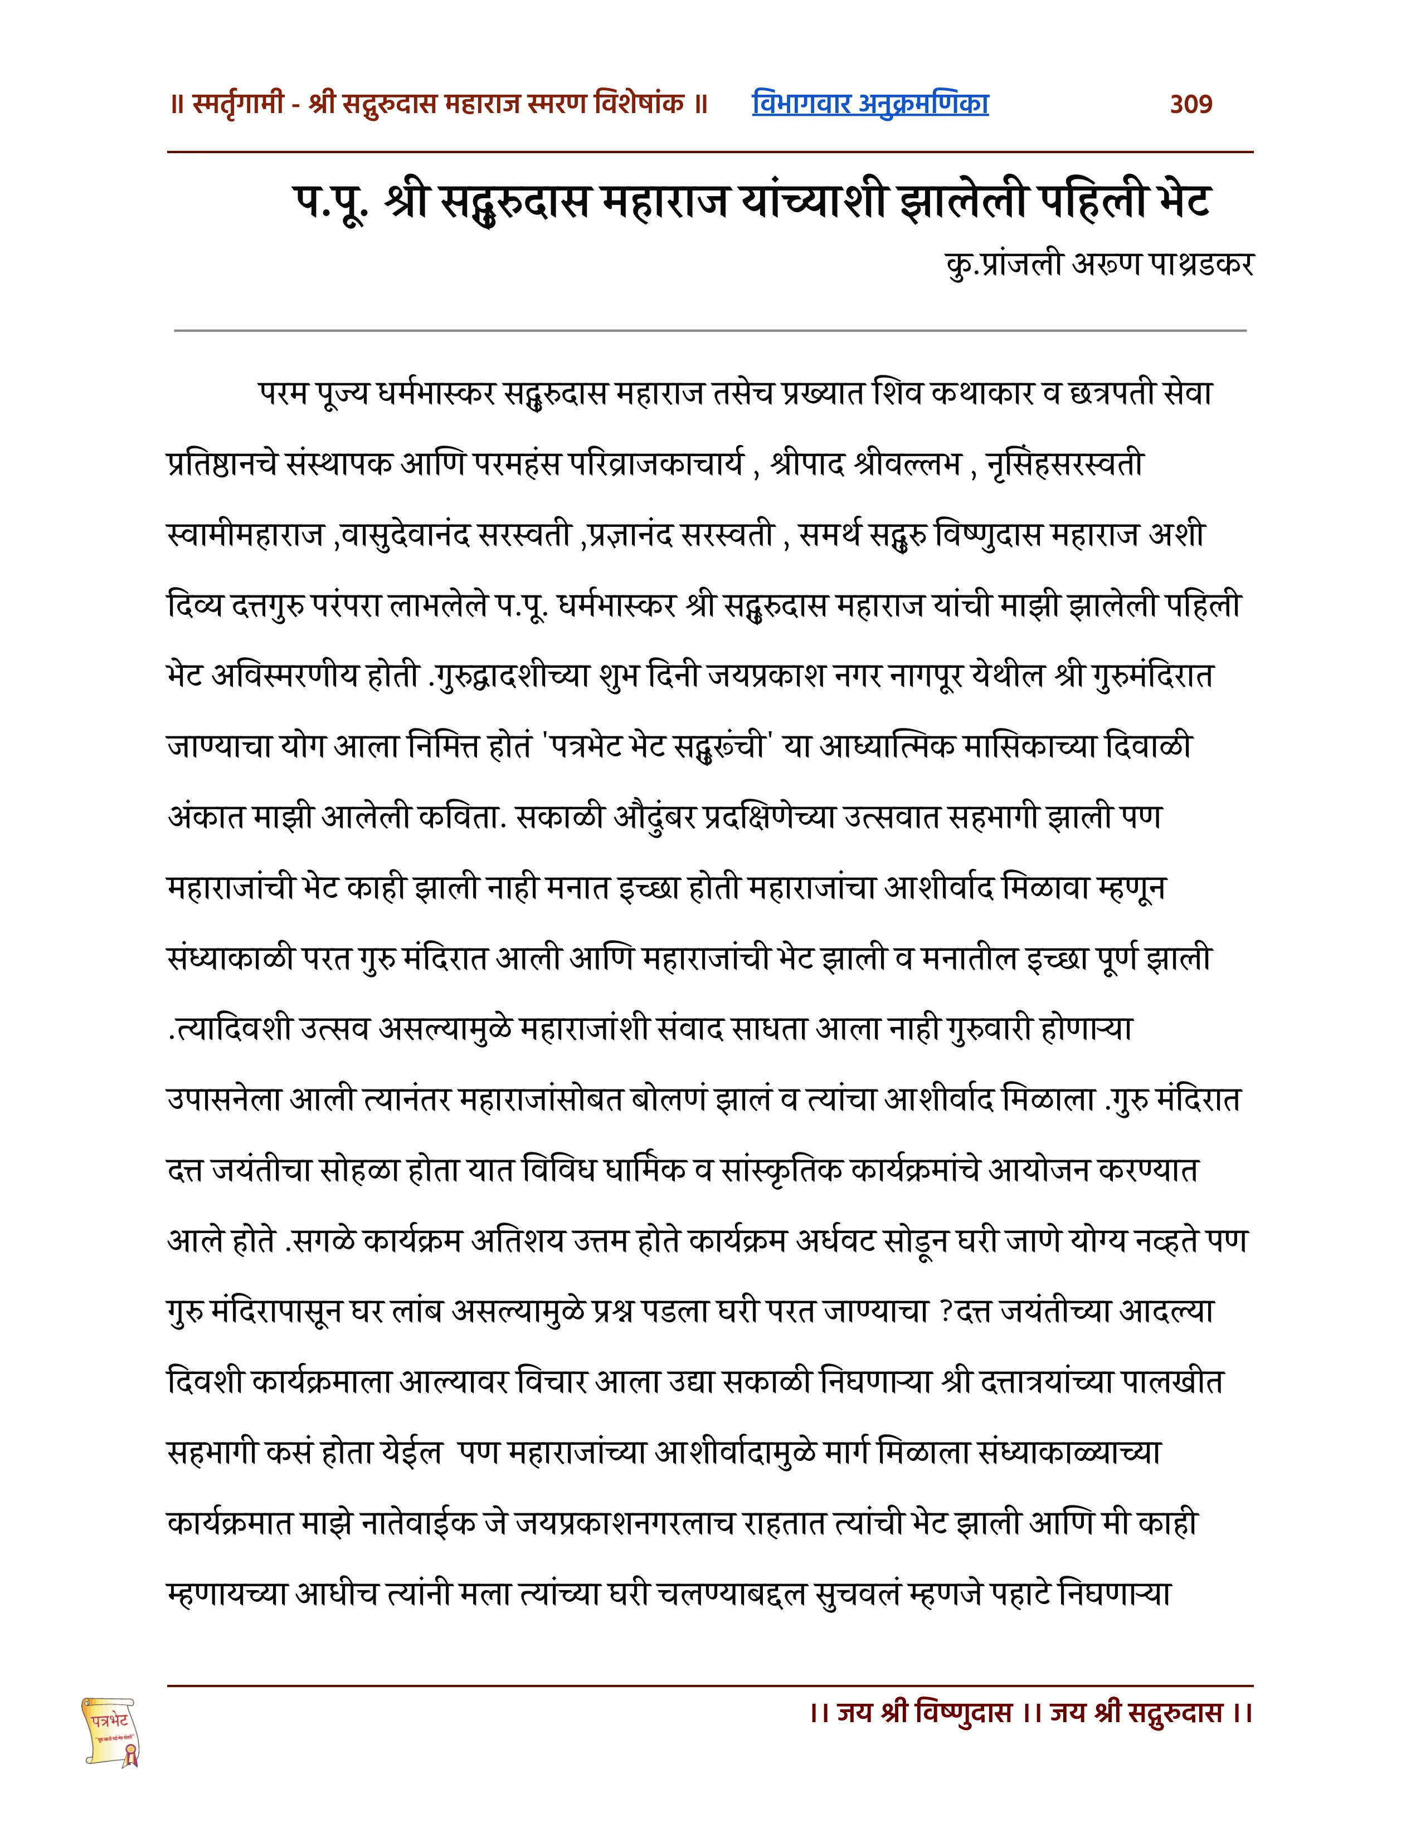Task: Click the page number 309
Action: [x=1190, y=104]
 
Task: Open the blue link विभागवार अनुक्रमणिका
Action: [x=870, y=104]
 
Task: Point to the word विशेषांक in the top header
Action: [x=638, y=104]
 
